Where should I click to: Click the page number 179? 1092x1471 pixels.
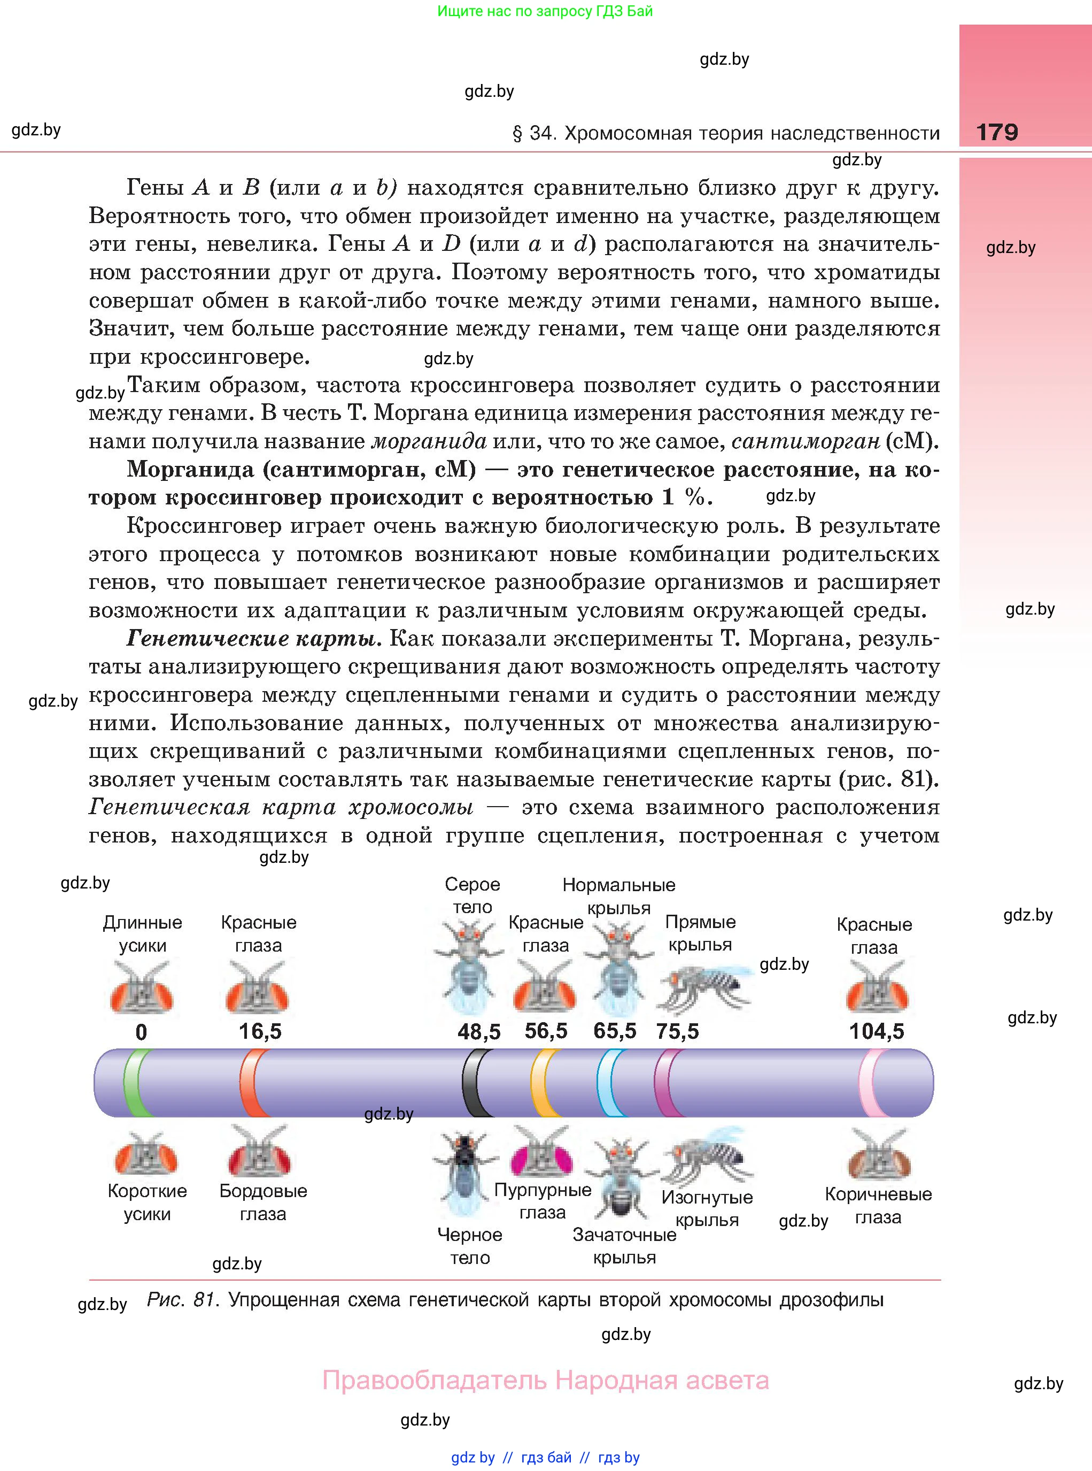tap(997, 132)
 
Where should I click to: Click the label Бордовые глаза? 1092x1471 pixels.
tap(263, 1202)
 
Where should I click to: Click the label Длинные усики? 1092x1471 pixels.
tap(142, 933)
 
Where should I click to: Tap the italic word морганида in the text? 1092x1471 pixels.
tap(430, 441)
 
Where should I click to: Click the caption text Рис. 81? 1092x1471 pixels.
tap(182, 1300)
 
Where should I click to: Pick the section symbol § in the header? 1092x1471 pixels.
tap(517, 134)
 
